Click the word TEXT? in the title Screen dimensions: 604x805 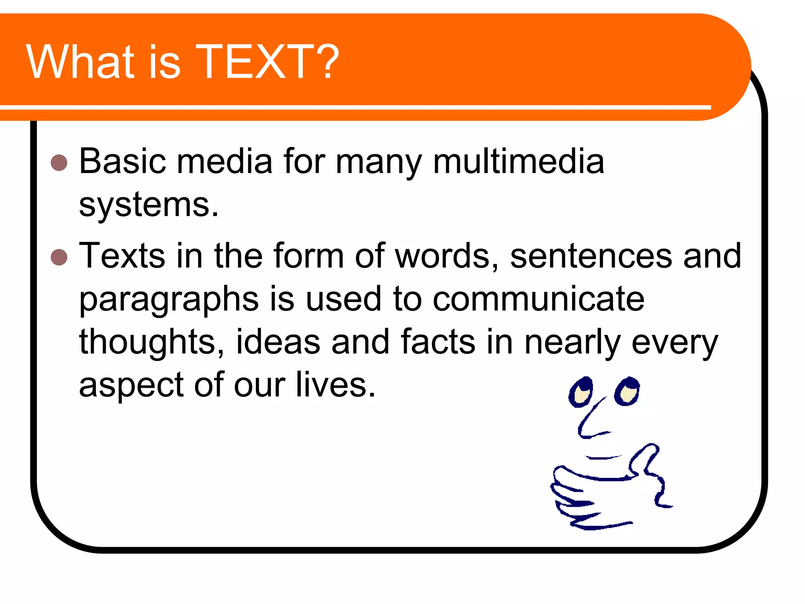tap(267, 62)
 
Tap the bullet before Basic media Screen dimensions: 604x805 tap(59, 162)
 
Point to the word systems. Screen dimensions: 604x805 tap(148, 205)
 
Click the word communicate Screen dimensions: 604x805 tap(539, 299)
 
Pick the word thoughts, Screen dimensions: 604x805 tap(152, 342)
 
